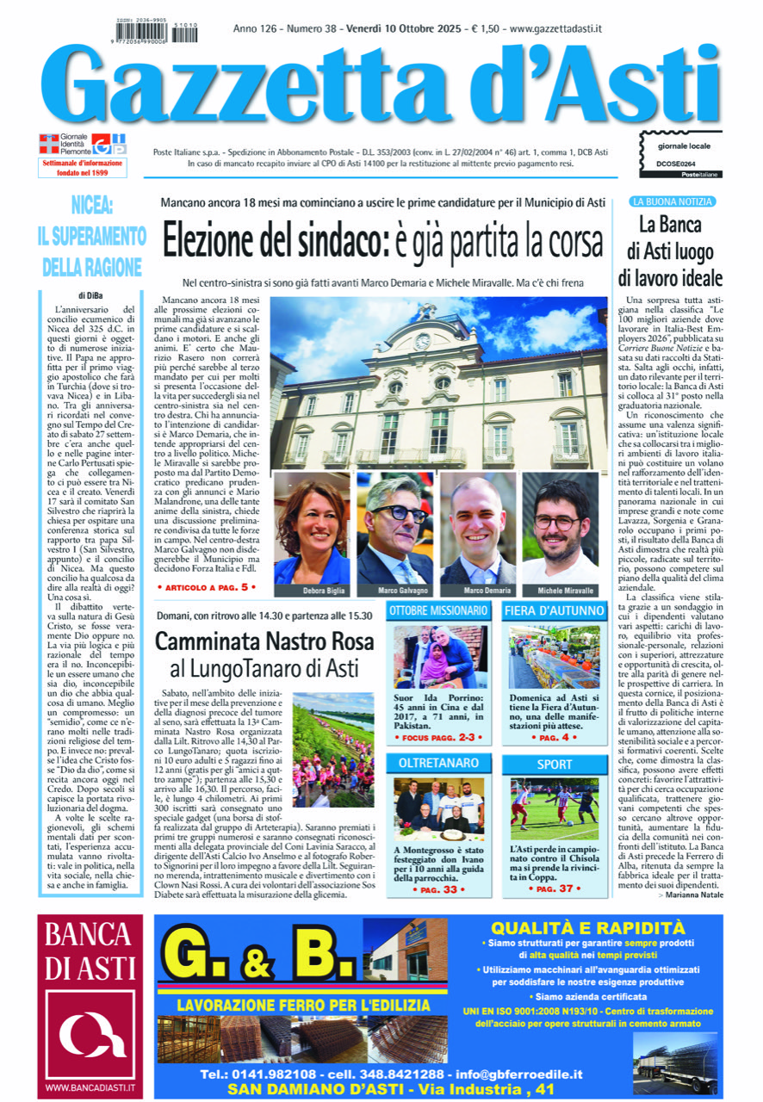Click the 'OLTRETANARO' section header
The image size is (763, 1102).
tap(439, 763)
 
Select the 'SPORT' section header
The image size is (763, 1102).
tap(555, 764)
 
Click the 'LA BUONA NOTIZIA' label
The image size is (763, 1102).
tap(672, 201)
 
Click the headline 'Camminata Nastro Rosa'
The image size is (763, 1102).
tap(264, 641)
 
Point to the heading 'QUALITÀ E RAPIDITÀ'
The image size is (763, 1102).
tap(588, 928)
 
